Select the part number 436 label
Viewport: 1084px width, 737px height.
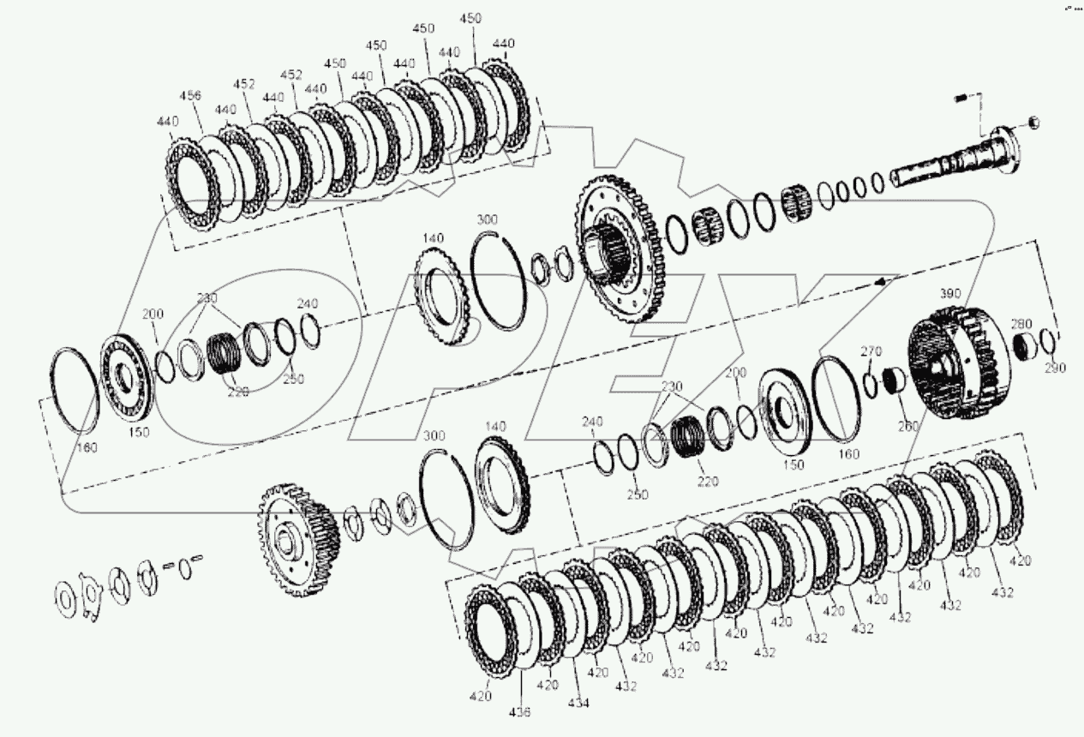[522, 711]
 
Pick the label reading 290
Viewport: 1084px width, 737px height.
[1055, 368]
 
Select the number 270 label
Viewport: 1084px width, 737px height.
[871, 351]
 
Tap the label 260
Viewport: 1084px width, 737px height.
[907, 426]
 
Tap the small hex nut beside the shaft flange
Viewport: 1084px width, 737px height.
[1033, 122]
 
